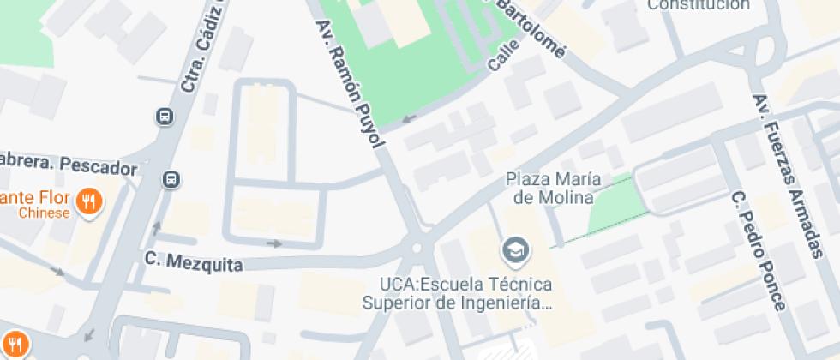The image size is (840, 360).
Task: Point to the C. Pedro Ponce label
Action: tap(758, 250)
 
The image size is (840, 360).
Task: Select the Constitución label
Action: tap(698, 5)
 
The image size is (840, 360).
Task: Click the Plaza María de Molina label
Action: tap(553, 189)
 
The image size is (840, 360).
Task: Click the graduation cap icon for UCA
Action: tap(517, 250)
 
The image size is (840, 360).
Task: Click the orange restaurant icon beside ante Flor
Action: tap(88, 202)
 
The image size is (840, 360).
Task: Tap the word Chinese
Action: tap(45, 213)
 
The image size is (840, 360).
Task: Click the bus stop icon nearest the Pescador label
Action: tap(171, 179)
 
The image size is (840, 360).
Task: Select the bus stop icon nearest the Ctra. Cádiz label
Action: tap(164, 116)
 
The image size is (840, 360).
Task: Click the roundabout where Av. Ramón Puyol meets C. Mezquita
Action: tap(417, 249)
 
